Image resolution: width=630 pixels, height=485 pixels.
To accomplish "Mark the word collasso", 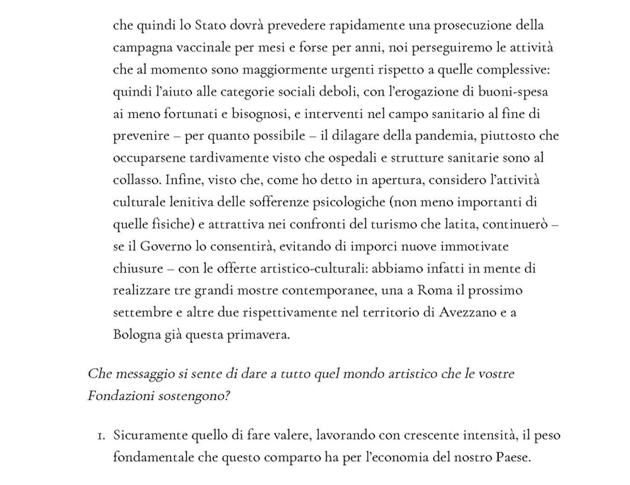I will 137,180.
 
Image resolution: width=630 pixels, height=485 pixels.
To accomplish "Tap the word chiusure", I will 137,269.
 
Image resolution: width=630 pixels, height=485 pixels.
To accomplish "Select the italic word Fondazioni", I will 118,396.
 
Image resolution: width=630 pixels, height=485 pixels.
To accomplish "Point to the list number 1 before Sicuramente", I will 101,435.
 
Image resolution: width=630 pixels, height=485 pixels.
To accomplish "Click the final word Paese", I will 512,457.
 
